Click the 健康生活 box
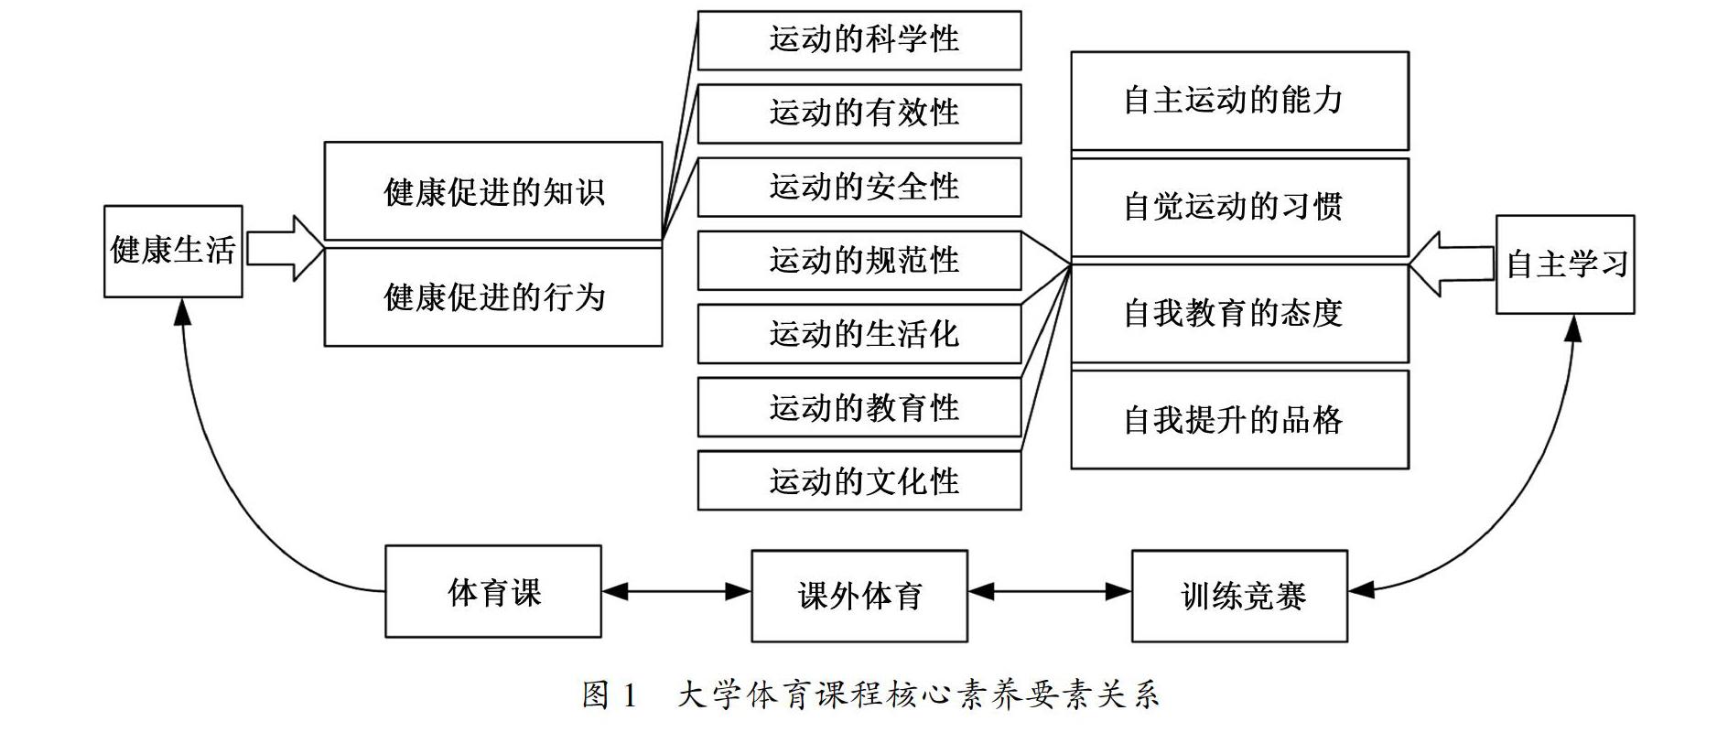pos(173,252)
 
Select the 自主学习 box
pos(1565,264)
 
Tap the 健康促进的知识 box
pos(493,191)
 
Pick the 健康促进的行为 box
pos(493,297)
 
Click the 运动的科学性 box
pos(859,40)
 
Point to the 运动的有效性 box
pos(859,113)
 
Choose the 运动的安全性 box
pos(859,188)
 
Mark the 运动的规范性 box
pos(859,261)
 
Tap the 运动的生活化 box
pos(859,334)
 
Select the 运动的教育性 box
pos(859,407)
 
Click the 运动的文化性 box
pos(859,480)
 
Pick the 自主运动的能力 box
pos(1240,101)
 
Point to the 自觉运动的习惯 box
pos(1240,208)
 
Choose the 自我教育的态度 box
pos(1240,314)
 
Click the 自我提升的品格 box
pos(1240,420)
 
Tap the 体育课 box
pos(493,591)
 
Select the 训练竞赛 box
pos(1240,596)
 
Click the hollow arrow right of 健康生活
pos(286,248)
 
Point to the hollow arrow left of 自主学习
pos(1452,264)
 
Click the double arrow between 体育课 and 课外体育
pos(676,592)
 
